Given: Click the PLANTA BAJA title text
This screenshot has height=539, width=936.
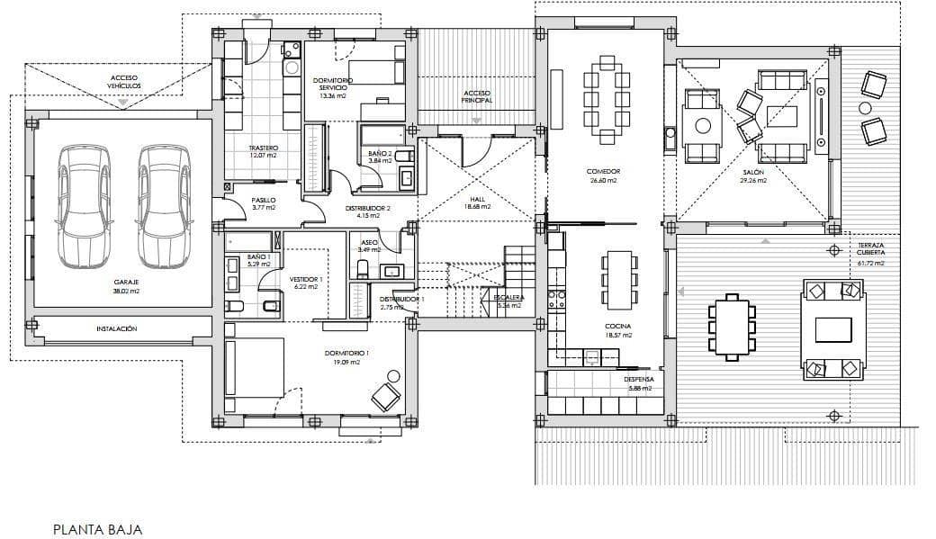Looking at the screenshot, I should click(x=97, y=530).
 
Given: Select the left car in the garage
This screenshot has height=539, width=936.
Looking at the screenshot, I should click(x=83, y=206).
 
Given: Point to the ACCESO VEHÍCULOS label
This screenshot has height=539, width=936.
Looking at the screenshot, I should click(x=124, y=82).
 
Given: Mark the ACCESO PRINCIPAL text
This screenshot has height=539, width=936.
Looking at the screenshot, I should click(x=478, y=96).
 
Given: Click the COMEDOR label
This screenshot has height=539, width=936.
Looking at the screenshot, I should click(x=603, y=171).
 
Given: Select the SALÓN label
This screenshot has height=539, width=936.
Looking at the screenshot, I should click(x=753, y=171).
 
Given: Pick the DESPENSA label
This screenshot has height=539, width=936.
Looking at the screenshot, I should click(x=639, y=380).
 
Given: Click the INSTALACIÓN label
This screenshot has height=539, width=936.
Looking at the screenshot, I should click(x=117, y=329).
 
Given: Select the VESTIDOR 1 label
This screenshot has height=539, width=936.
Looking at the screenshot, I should click(x=306, y=280).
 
